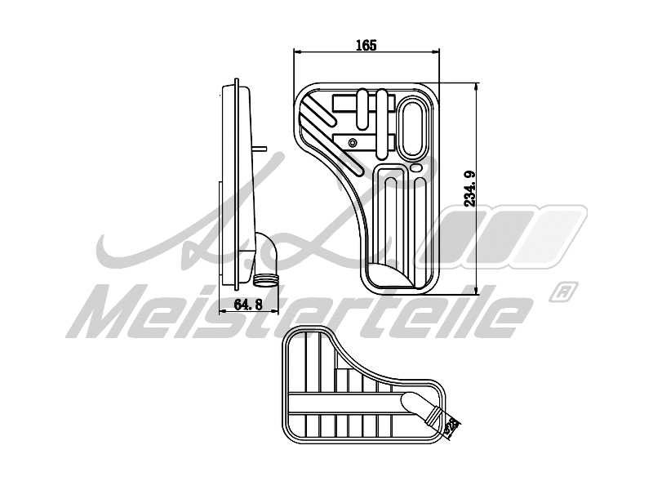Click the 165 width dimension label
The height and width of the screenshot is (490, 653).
[366, 47]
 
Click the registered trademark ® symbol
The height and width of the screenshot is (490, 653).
[564, 291]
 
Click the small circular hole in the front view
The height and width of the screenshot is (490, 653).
[352, 143]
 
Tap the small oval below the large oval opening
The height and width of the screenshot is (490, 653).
[415, 167]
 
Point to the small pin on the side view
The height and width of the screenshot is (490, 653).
[262, 148]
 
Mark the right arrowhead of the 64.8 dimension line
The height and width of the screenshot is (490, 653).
[277, 311]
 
